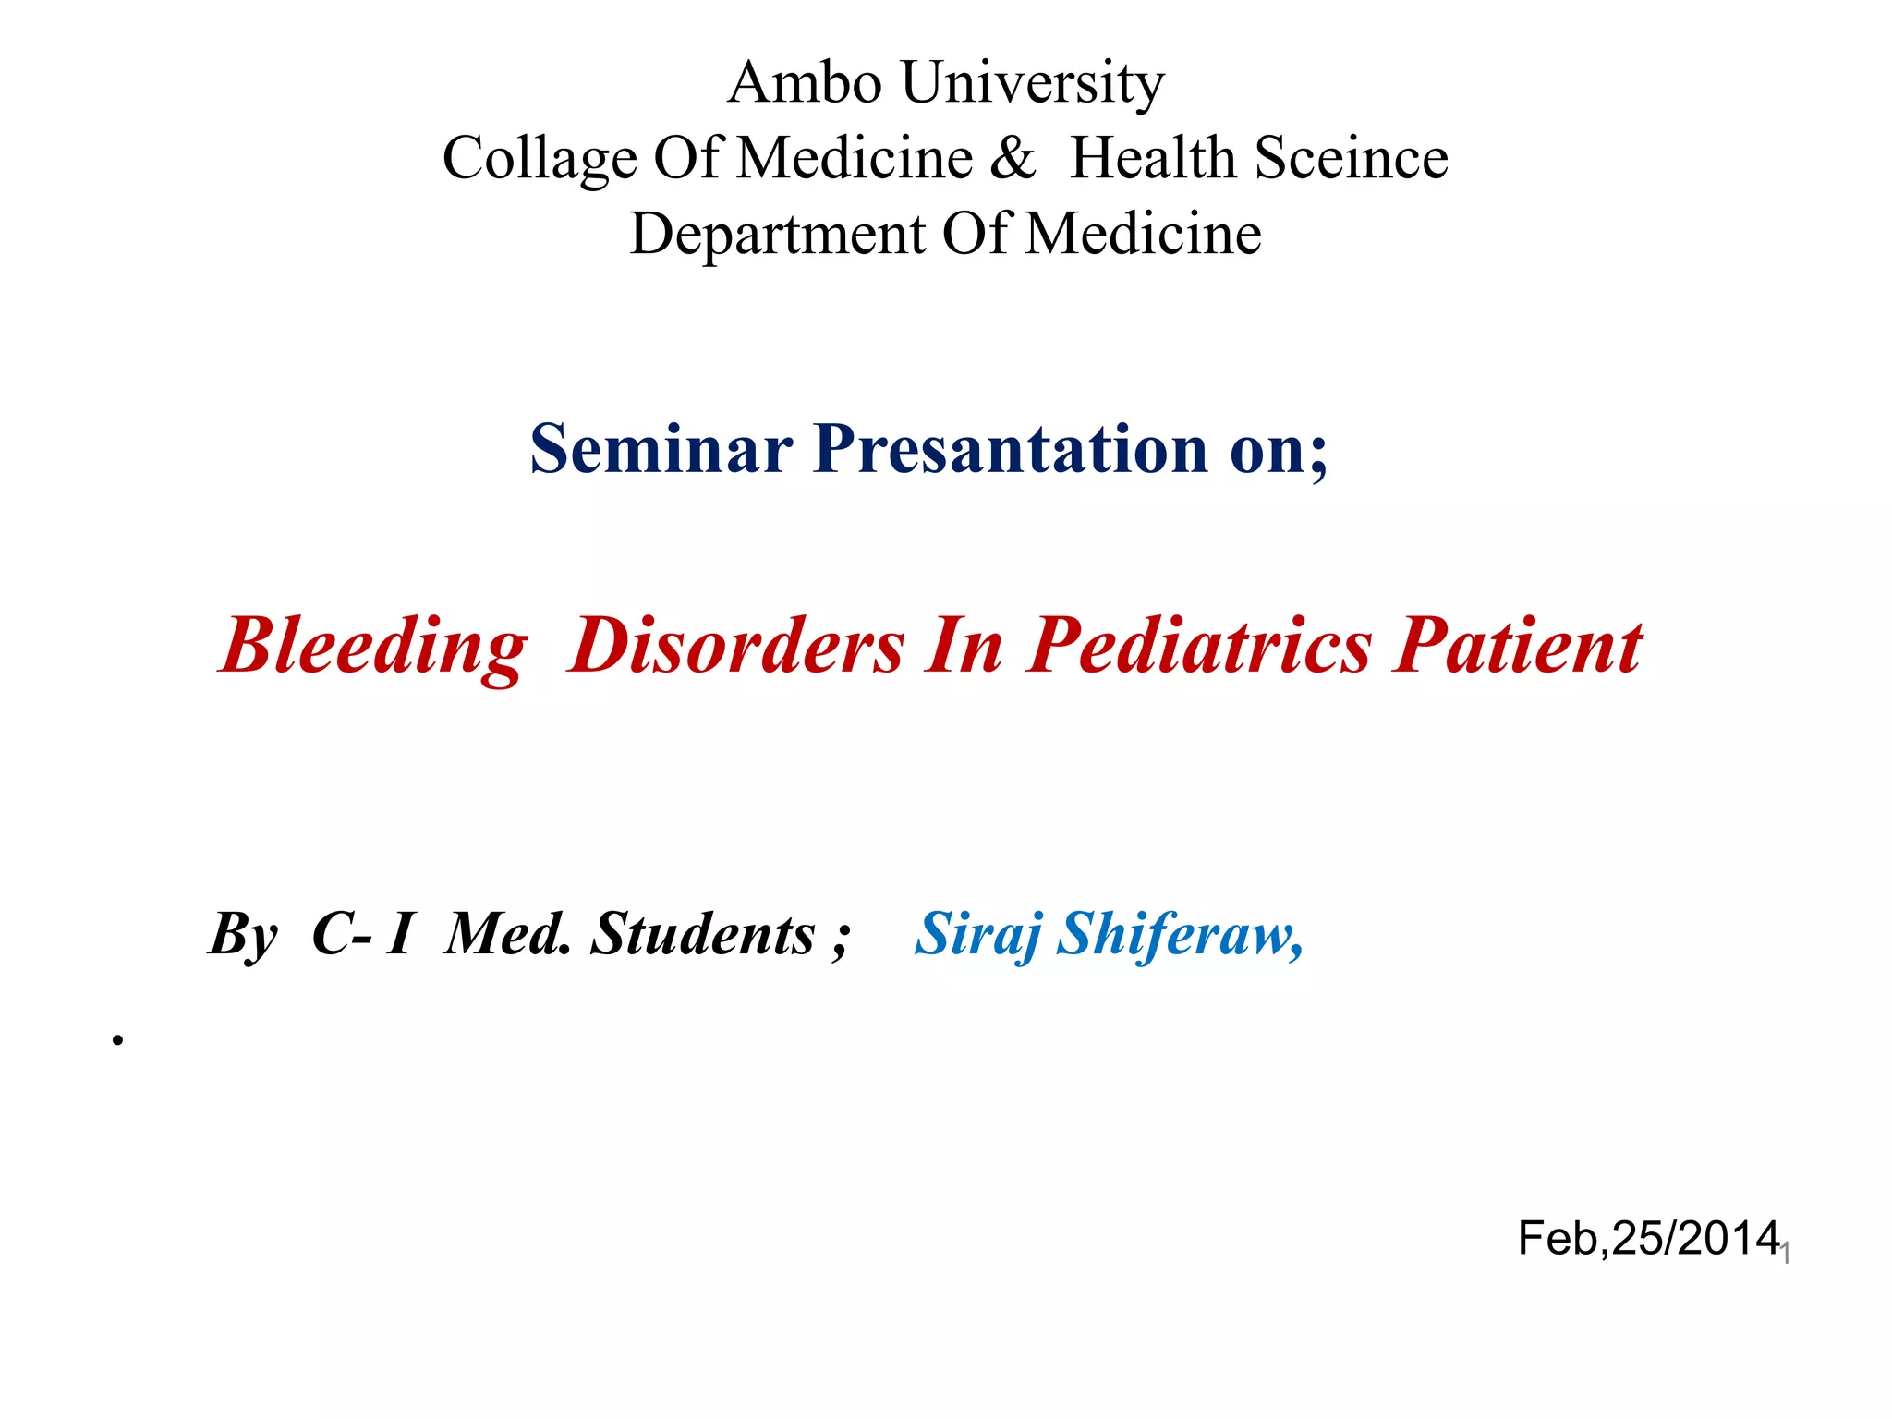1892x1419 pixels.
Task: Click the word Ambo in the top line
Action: tap(804, 83)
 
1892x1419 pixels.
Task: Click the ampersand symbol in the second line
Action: tap(1013, 158)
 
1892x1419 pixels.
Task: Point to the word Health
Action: tap(1153, 158)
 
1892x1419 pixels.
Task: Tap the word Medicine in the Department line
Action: tap(1144, 234)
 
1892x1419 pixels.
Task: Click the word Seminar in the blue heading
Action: tap(661, 450)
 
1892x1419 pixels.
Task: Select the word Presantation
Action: tap(1011, 450)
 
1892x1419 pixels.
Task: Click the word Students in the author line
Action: tap(702, 935)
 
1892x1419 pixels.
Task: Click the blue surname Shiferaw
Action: tap(1179, 935)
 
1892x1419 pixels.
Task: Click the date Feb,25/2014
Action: tap(1648, 1239)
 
